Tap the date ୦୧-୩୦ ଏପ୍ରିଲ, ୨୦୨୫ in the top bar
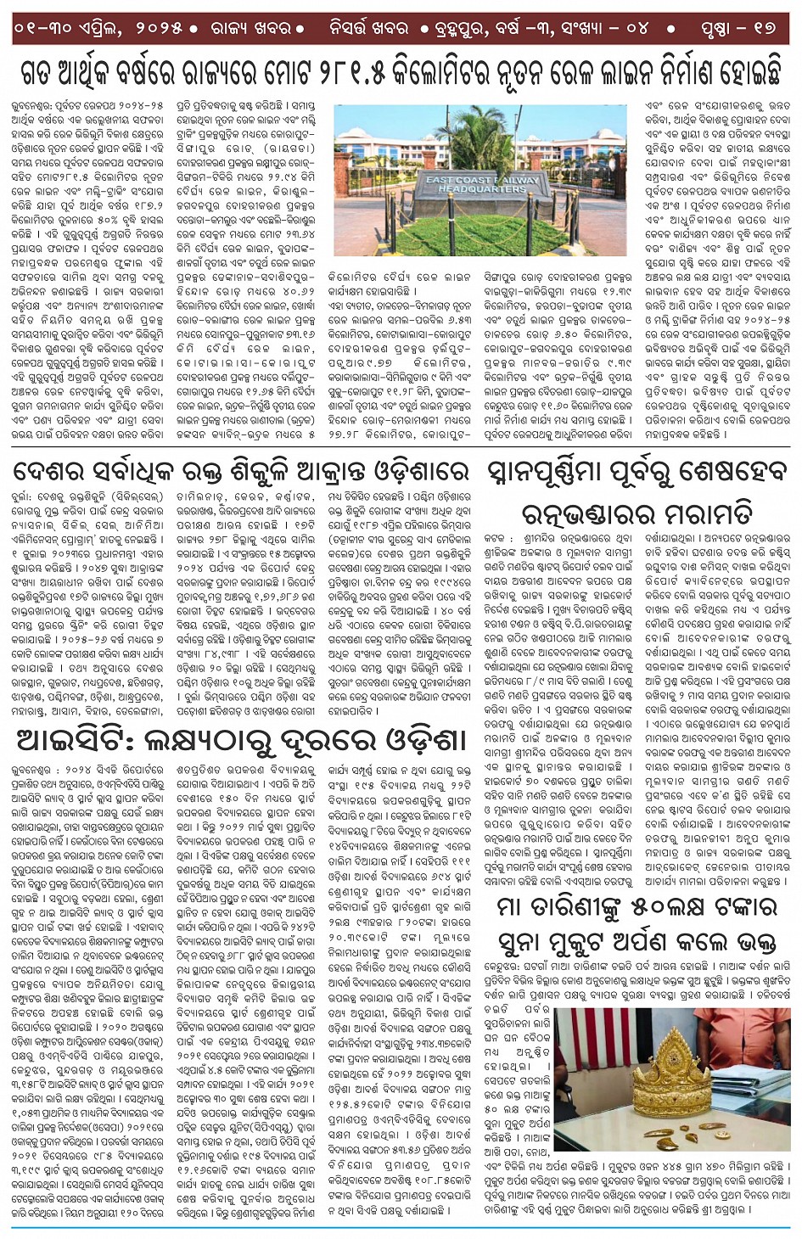coord(98,27)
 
